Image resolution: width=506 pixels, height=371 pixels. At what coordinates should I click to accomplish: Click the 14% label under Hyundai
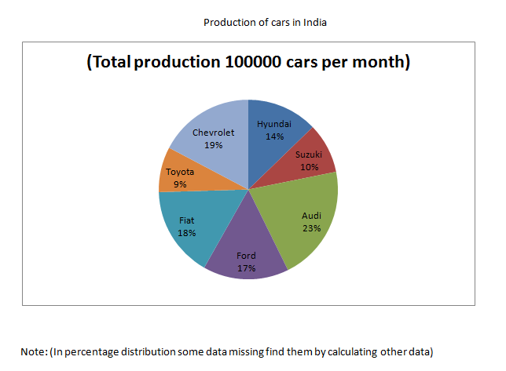(274, 136)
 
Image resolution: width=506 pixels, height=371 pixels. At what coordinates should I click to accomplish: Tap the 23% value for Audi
(312, 227)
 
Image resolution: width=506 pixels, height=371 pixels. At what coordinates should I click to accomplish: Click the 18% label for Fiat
(186, 233)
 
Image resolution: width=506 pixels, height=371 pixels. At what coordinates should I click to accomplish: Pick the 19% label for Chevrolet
(213, 145)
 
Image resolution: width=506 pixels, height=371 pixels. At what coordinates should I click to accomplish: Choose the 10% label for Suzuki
(308, 166)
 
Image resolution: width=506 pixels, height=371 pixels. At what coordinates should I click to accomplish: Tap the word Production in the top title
(227, 22)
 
